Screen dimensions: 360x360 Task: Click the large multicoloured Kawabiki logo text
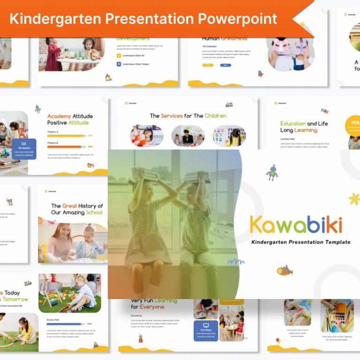[296, 225]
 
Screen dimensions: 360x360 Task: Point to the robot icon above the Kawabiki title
[272, 172]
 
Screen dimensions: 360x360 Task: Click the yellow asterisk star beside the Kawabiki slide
[354, 199]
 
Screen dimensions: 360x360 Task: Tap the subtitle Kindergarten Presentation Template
[300, 242]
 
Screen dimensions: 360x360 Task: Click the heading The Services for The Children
[187, 115]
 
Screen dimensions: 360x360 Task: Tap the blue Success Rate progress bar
[64, 323]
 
